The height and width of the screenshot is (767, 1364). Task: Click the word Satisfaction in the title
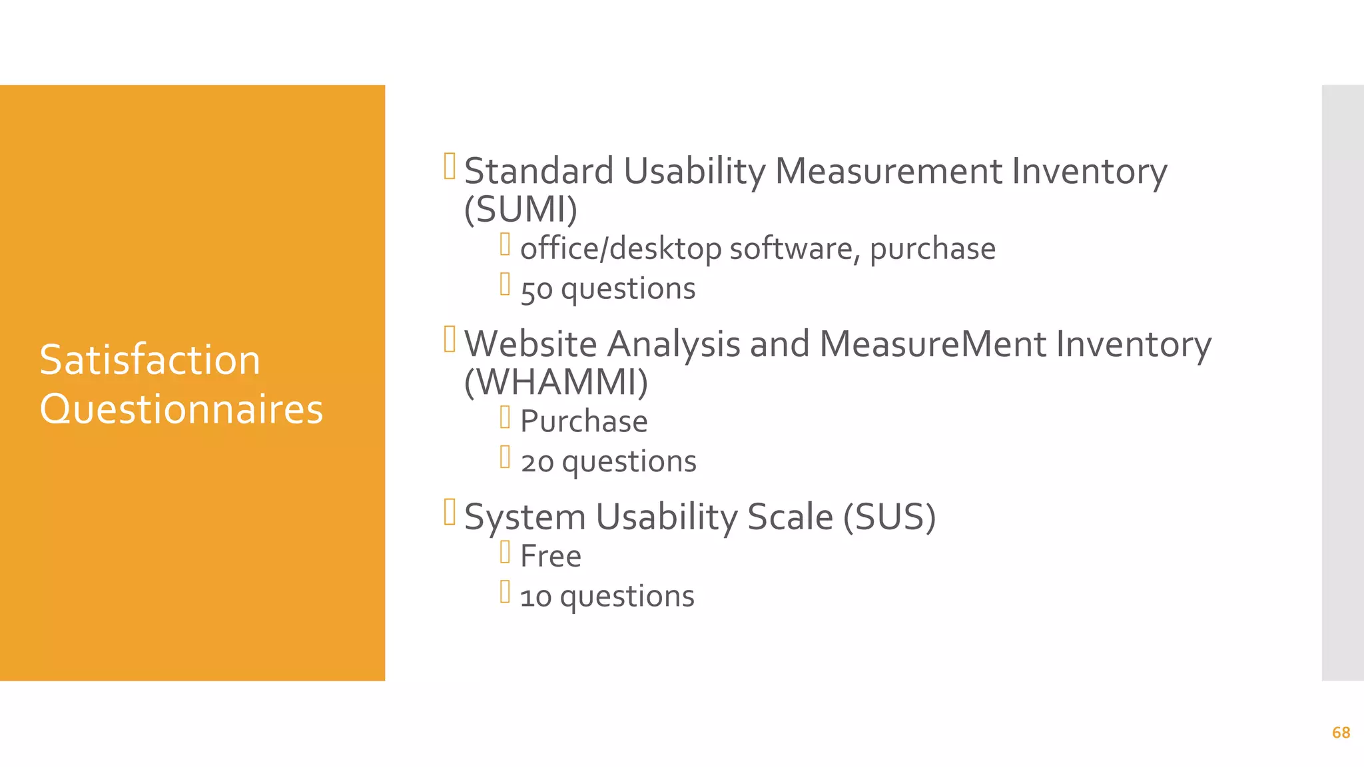coord(150,360)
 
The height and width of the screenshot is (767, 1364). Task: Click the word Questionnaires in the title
coord(181,409)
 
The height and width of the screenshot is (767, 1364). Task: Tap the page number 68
coord(1341,733)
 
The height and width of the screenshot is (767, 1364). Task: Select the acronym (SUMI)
coord(521,210)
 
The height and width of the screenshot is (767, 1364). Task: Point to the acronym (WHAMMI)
coord(556,382)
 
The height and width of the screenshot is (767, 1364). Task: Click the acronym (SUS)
coord(889,517)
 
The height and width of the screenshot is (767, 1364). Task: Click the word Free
coord(550,557)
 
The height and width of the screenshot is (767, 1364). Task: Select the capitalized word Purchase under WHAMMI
coord(583,421)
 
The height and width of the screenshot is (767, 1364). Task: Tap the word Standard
coord(539,171)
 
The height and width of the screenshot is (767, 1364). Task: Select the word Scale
coord(790,517)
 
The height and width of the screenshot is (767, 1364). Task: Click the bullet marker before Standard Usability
coord(450,166)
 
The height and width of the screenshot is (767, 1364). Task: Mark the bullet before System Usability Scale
coord(450,512)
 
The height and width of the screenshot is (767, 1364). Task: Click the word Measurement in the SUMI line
coord(888,171)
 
